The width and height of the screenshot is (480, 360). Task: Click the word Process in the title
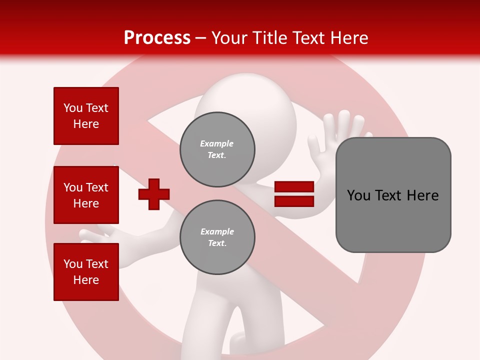coord(157,38)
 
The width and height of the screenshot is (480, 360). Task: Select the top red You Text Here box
coord(86,116)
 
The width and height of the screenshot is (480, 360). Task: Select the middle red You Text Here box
coord(86,195)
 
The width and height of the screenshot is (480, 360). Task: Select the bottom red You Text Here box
coord(86,272)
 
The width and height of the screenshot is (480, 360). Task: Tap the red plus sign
coord(154,194)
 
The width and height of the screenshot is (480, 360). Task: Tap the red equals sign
coord(294,194)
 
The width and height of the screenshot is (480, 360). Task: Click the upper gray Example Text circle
coord(217,149)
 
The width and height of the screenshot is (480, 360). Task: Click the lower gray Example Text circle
coord(217,237)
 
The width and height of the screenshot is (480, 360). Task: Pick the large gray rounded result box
coord(393,195)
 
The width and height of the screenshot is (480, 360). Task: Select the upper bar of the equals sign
coord(294,187)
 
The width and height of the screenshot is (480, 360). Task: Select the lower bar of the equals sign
coord(294,201)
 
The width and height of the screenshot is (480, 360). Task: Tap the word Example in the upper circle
coord(217,144)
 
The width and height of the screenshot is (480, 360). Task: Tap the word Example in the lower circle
coord(217,232)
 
